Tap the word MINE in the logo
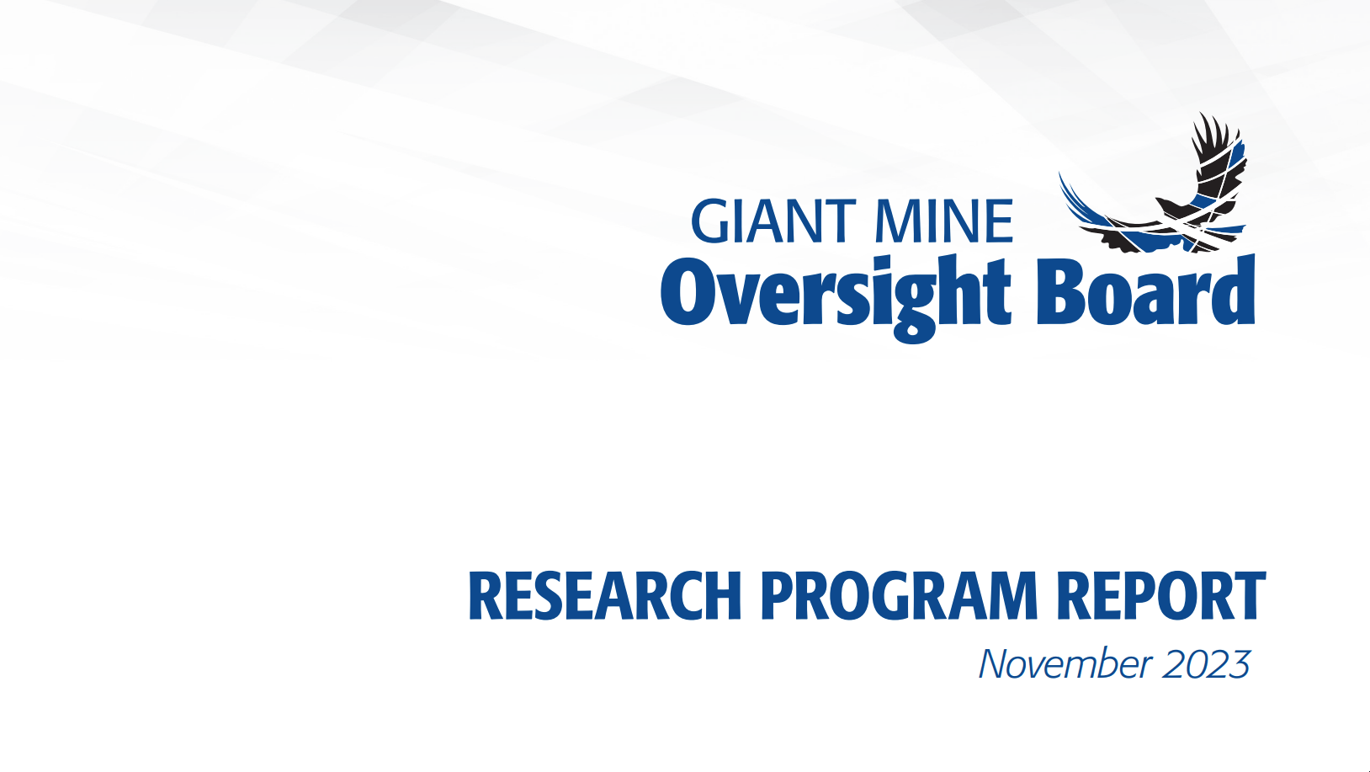(944, 221)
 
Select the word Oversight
(836, 298)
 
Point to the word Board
(1146, 290)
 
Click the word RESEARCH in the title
(605, 595)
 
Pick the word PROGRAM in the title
(899, 595)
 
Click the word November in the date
(1065, 663)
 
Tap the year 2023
(1206, 663)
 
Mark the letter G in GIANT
(710, 221)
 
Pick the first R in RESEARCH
(486, 595)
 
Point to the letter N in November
(996, 663)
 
